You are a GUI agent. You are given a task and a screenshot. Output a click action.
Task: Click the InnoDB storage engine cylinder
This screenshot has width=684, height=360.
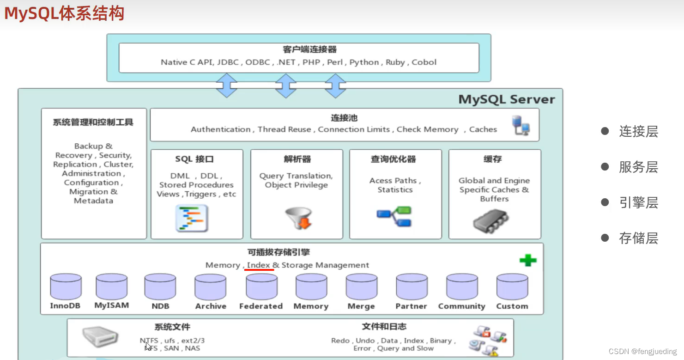coord(66,287)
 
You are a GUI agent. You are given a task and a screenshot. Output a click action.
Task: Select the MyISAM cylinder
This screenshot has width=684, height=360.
coord(111,287)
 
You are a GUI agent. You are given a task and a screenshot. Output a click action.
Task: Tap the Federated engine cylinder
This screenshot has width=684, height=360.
coord(261,287)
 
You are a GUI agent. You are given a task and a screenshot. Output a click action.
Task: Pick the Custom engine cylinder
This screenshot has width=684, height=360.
coord(512,287)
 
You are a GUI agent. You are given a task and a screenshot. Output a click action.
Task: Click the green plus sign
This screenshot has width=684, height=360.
coord(528,260)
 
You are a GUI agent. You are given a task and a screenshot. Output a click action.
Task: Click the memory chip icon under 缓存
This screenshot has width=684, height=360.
coord(490,220)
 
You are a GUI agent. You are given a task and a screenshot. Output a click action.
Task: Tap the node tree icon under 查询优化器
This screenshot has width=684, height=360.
coord(394,216)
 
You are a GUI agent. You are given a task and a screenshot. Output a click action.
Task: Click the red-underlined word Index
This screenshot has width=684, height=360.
coord(259,265)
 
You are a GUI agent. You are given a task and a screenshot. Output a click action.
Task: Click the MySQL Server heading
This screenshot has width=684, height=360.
coord(506,99)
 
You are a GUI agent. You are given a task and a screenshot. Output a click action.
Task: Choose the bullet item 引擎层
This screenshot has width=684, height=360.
coord(638,202)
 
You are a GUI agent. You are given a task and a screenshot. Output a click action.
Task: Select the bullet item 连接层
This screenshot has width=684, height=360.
coord(638,132)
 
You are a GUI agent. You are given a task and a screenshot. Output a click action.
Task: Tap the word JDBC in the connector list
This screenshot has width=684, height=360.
coord(228,62)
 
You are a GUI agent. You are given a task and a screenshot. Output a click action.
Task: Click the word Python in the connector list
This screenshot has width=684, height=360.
coord(364,62)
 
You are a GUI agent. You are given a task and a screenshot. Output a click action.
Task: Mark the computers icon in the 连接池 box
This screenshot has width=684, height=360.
coord(521,125)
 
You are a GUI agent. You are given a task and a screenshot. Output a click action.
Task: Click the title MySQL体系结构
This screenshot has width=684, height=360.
coord(64,13)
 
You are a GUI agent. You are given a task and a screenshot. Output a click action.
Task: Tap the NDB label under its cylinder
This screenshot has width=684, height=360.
coord(160,306)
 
